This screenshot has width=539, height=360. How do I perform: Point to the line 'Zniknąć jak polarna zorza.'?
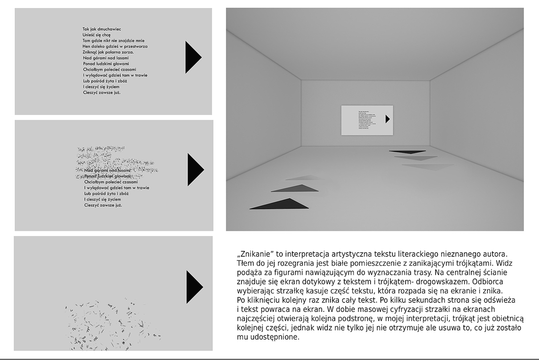108,52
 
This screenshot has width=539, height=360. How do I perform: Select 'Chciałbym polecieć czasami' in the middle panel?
110,182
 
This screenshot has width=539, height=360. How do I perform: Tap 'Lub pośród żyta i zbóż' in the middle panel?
106,194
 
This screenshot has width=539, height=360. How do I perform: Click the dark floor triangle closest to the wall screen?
407,152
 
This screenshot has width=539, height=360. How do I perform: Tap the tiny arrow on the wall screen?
387,119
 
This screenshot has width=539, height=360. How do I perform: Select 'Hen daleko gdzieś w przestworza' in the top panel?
115,46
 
